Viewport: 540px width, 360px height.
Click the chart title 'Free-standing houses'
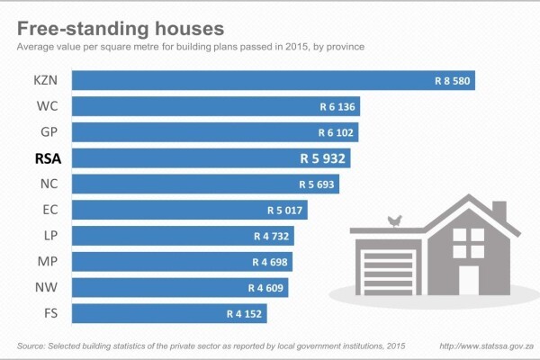click(x=121, y=28)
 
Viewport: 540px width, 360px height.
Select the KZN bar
click(x=274, y=80)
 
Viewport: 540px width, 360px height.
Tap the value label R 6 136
click(x=337, y=107)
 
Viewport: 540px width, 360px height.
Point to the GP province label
click(x=49, y=132)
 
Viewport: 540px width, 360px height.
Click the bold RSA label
click(x=49, y=158)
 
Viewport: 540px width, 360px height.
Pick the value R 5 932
click(x=322, y=158)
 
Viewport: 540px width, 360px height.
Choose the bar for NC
click(x=205, y=184)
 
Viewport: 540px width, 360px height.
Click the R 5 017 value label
click(x=284, y=210)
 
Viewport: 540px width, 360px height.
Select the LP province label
click(x=50, y=236)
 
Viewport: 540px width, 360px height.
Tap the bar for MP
click(x=182, y=262)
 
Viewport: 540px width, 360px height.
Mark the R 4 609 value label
click(x=265, y=288)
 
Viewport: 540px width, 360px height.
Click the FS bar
click(x=169, y=313)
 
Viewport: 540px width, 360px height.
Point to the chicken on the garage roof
click(x=395, y=220)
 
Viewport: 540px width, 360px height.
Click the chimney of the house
click(x=499, y=211)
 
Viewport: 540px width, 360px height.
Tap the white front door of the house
click(x=469, y=280)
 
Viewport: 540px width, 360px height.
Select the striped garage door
click(x=388, y=274)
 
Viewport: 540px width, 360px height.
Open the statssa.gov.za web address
click(x=487, y=346)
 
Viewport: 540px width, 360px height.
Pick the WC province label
click(x=47, y=106)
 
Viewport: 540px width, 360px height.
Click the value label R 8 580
click(x=452, y=81)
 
